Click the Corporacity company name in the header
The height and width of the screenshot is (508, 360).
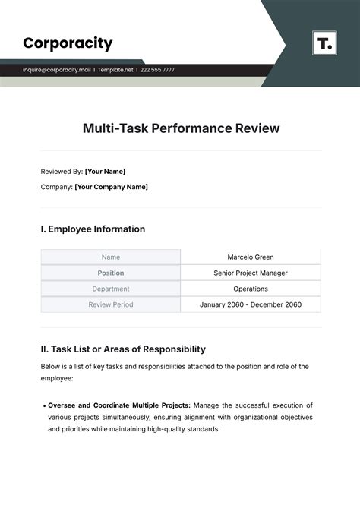point(68,43)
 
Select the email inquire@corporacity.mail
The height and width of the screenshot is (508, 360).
point(56,70)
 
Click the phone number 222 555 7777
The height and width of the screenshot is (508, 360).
point(157,70)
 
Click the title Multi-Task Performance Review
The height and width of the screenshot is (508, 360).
point(181,128)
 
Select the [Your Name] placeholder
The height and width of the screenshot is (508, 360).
point(106,172)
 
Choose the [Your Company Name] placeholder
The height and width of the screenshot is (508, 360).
point(111,187)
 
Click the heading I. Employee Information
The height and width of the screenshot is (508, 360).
point(93,229)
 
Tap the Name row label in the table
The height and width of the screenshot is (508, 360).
point(111,257)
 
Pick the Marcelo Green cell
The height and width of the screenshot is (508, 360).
point(251,257)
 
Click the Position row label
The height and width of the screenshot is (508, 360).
point(111,273)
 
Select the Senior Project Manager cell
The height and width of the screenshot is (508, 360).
point(251,273)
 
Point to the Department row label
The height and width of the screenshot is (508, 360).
point(111,289)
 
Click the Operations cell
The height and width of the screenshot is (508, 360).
point(251,289)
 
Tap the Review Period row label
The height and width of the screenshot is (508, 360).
point(111,304)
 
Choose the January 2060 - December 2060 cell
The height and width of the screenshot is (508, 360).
point(251,304)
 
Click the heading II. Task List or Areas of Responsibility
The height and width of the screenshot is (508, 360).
point(123,349)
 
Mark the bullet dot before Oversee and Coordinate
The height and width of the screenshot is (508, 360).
point(43,406)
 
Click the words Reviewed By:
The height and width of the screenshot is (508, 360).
point(62,172)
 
